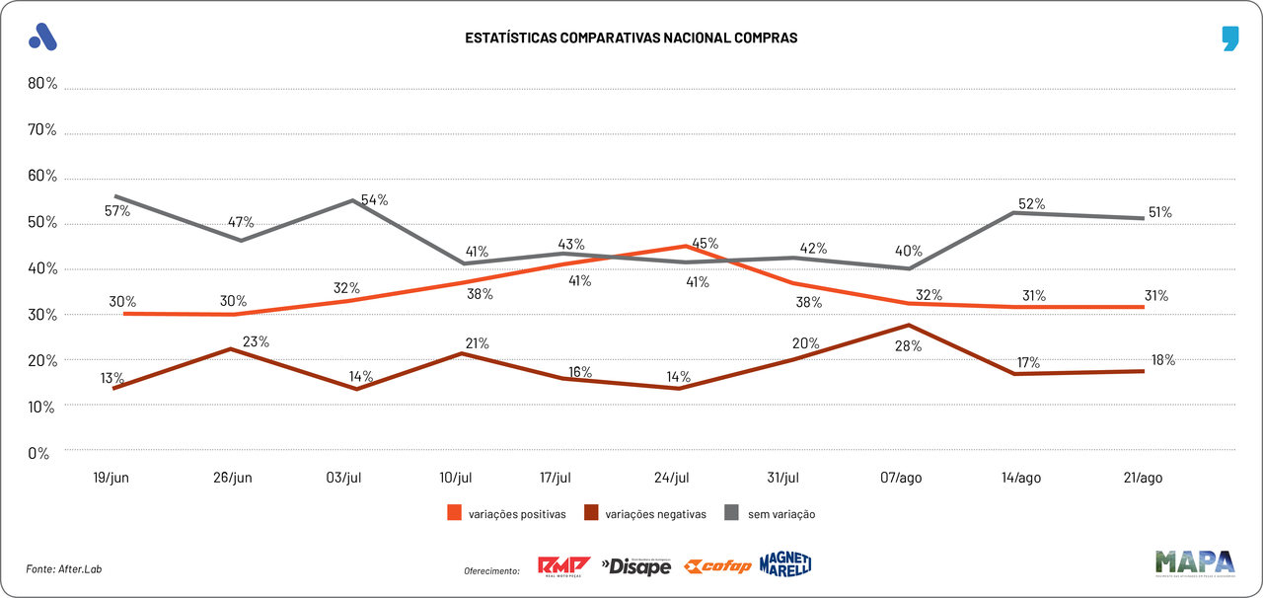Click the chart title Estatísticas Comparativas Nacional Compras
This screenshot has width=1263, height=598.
(x=631, y=37)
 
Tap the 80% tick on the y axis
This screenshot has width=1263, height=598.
(x=42, y=84)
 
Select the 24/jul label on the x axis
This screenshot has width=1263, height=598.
(x=671, y=478)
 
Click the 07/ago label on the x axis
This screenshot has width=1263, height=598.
(x=901, y=478)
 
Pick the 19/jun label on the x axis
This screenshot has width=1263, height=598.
(x=111, y=478)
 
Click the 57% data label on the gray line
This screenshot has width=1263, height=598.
(x=117, y=210)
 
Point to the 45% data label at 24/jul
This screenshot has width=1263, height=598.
(x=706, y=243)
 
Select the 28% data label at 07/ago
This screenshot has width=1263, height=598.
(x=909, y=346)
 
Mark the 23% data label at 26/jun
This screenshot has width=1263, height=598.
(x=256, y=341)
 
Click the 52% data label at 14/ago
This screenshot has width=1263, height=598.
(x=1031, y=204)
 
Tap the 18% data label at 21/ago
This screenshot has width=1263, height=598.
(x=1162, y=360)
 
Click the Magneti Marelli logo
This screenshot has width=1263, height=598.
(x=785, y=564)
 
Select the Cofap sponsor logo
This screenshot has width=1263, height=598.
(x=718, y=566)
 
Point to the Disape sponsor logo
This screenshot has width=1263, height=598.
(x=636, y=566)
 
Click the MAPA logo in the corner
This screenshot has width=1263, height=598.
(x=1195, y=562)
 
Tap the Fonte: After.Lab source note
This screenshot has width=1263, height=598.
(x=64, y=569)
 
